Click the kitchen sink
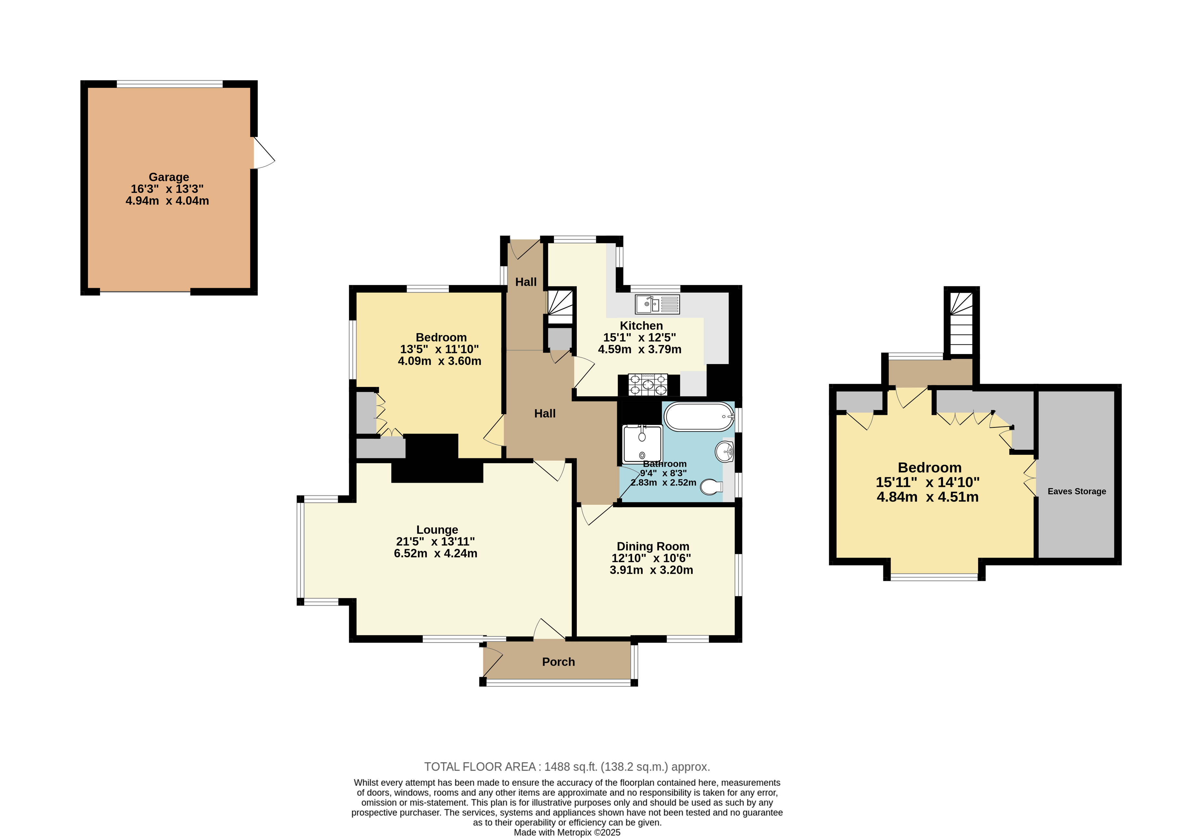coord(658,304)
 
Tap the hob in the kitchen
coord(648,384)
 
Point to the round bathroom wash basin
coord(725,452)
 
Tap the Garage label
coord(169,177)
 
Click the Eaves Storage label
coord(1077,491)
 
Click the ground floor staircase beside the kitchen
coord(560,308)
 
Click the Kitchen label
coord(641,326)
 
